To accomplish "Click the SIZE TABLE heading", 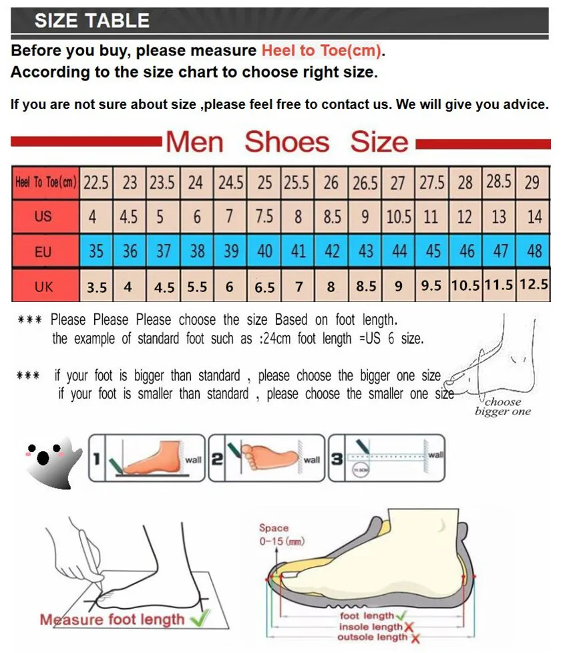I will (x=91, y=21).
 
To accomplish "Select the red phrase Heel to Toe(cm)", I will (x=322, y=51).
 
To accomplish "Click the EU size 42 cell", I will (x=331, y=252).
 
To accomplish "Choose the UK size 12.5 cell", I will (x=534, y=285).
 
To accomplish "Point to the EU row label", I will (x=43, y=252).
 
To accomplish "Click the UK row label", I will (x=43, y=287).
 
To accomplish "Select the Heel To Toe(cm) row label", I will (x=45, y=182).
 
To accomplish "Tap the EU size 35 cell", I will (x=96, y=252).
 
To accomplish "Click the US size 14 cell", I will (x=534, y=217).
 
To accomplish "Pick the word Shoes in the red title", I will (x=287, y=142).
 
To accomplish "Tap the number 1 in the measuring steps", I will (x=97, y=459).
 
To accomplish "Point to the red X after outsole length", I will (x=415, y=639).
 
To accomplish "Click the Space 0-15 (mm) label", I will (x=277, y=535).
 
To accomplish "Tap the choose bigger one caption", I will (x=503, y=406).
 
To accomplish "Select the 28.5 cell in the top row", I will (x=499, y=182).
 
